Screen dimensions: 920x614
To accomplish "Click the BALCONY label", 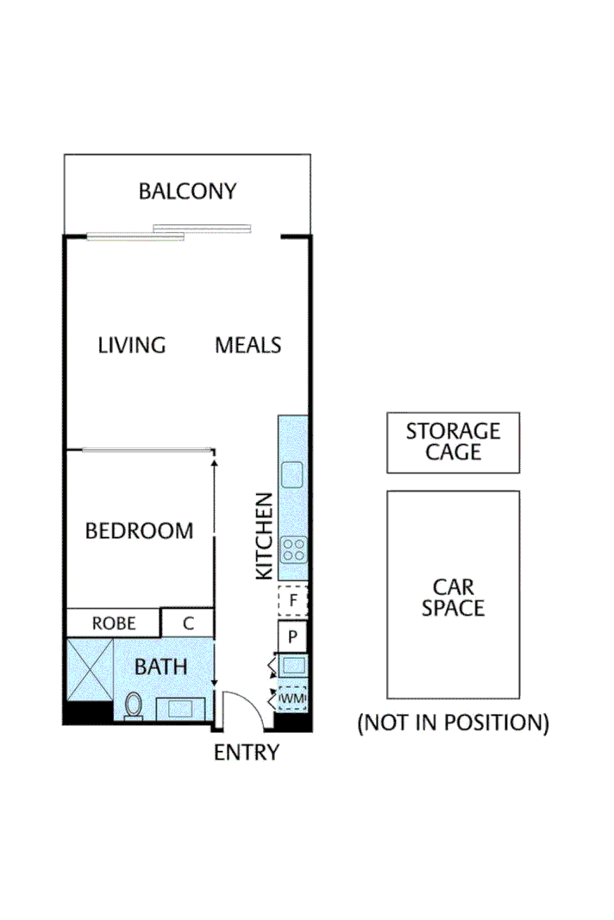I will [187, 191].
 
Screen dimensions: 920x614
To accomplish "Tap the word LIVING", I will [131, 346].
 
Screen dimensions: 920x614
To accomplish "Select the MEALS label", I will [247, 346].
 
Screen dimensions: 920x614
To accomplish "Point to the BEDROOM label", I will [139, 531].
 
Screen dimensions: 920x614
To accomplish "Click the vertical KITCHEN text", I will [265, 535].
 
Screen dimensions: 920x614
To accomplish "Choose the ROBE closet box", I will [114, 623].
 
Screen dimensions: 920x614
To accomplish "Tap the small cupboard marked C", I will [187, 623].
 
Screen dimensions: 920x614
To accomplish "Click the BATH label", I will [160, 667].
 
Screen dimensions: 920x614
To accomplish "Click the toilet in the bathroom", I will [134, 705].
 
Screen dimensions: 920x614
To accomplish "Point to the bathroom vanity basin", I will [180, 709].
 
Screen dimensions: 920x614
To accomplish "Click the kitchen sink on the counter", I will [293, 474].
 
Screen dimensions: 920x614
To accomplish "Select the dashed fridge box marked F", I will [293, 598].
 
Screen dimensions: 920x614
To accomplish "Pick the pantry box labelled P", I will [293, 637].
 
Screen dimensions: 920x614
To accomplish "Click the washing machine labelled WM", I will [293, 697].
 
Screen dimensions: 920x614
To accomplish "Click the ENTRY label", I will [247, 753].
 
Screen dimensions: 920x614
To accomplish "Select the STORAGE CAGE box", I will [453, 441].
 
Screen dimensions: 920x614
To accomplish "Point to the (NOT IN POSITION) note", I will [453, 723].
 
